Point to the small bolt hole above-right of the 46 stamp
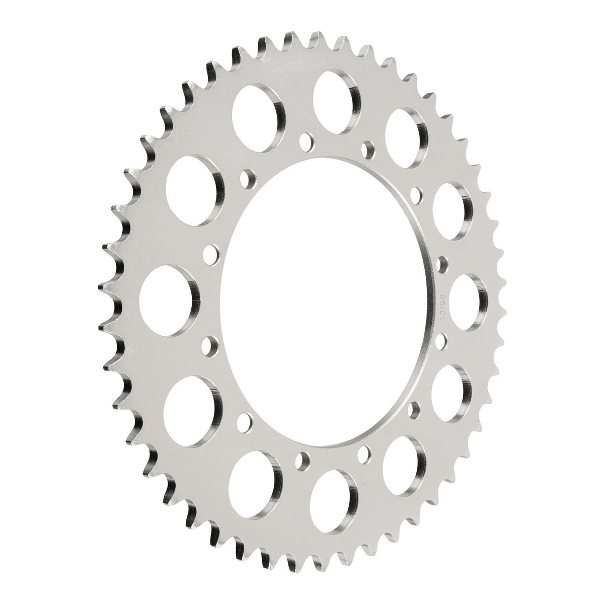414,410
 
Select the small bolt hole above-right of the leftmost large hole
211,252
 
